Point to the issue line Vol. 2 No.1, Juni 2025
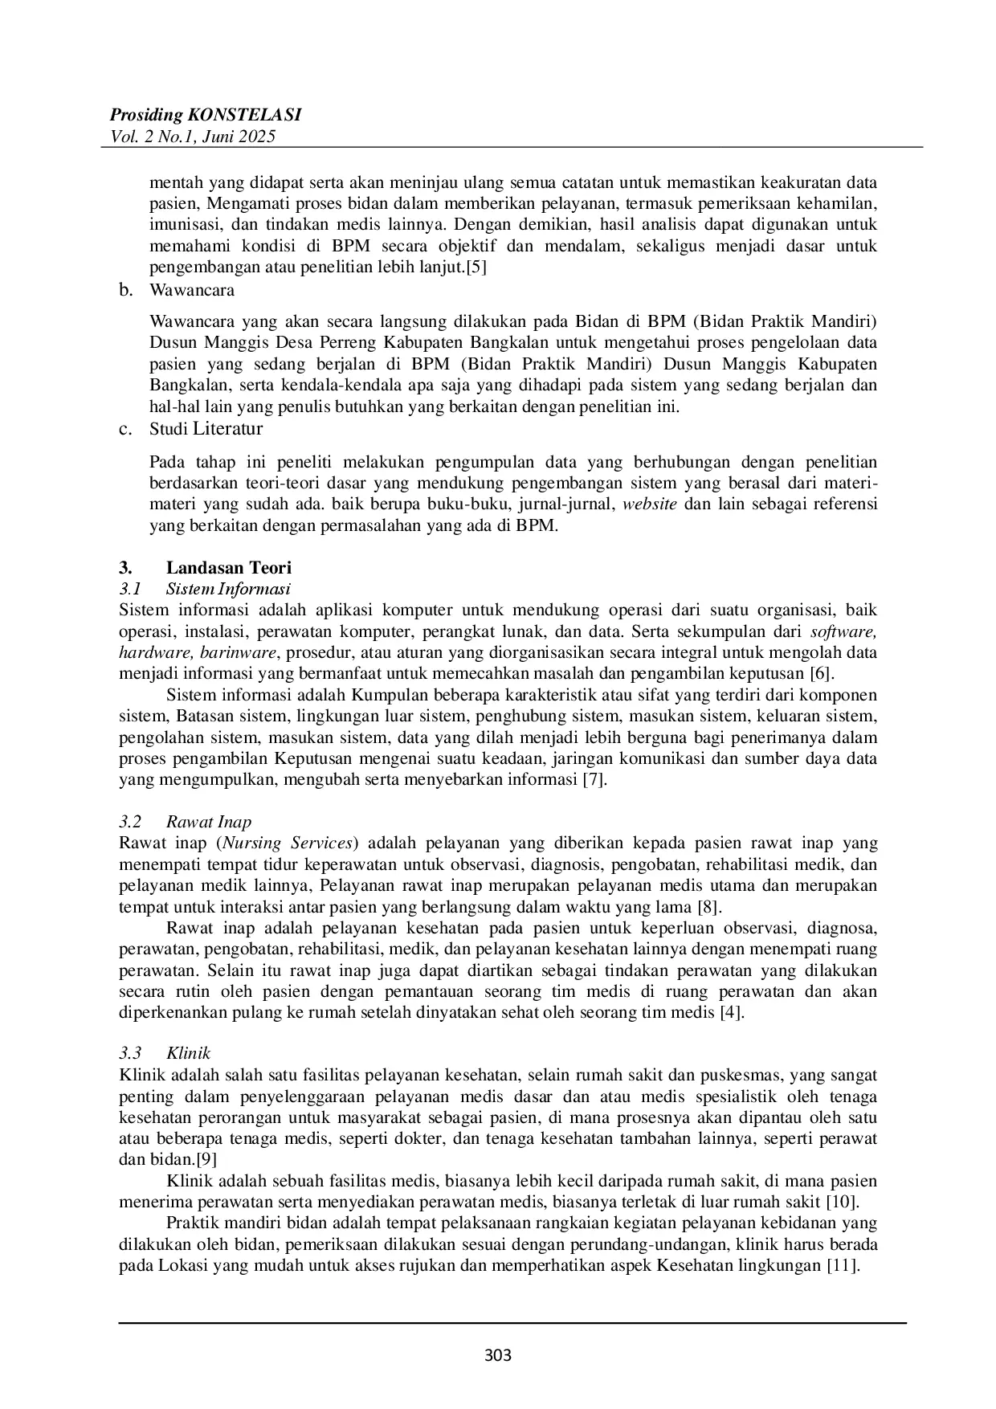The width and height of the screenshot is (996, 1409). tap(197, 137)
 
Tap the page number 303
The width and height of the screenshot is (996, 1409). tap(498, 1356)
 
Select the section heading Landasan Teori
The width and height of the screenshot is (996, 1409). tap(229, 568)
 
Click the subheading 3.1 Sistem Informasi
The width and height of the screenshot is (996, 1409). tap(205, 589)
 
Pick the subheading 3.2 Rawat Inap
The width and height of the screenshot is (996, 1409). tap(186, 822)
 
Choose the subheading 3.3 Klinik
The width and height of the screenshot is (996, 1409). tap(165, 1053)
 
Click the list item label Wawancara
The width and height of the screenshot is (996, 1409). tap(192, 290)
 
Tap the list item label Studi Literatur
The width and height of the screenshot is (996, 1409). tap(206, 429)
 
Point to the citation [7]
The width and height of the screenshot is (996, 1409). tap(594, 779)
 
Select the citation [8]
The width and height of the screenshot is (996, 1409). tap(709, 907)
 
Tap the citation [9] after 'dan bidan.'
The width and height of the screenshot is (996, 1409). tap(206, 1159)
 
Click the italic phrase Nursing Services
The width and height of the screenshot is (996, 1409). tap(288, 843)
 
